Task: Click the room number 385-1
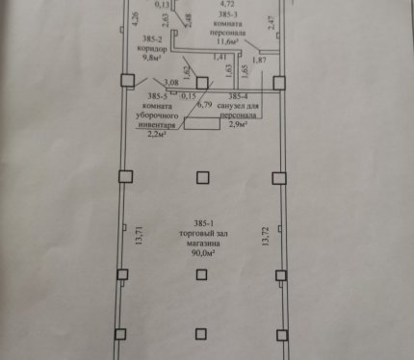tap(203, 223)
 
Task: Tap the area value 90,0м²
tap(203, 253)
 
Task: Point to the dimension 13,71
tap(139, 236)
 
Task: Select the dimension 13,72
tap(265, 237)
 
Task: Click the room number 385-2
tap(152, 39)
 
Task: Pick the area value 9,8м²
tap(151, 58)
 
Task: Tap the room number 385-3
tap(228, 14)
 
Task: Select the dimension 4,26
tap(135, 18)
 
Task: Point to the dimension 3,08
tap(171, 83)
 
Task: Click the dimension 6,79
tap(204, 105)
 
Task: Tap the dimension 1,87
tap(259, 60)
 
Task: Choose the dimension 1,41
tap(220, 57)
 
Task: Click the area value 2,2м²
tap(157, 134)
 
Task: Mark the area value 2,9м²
tap(238, 124)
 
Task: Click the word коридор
tap(152, 49)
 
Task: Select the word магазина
tap(203, 244)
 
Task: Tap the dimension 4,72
tap(227, 4)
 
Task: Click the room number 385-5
tap(158, 96)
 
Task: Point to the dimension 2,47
tap(272, 22)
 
